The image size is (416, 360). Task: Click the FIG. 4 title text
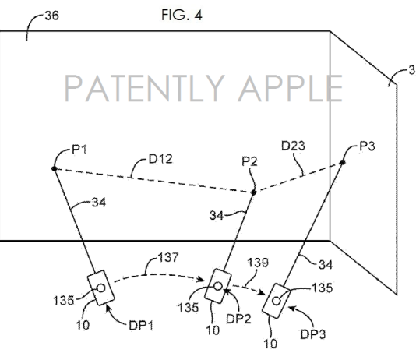click(182, 15)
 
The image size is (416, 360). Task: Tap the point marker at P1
click(54, 169)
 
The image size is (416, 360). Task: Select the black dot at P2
click(254, 192)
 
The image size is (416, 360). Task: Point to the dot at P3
click(343, 162)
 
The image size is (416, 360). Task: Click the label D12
click(160, 159)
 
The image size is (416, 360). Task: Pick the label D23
click(293, 146)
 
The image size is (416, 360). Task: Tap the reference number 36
click(52, 16)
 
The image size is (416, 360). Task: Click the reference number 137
click(168, 257)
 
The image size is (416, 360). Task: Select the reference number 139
click(258, 263)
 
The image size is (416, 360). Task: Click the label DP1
click(141, 326)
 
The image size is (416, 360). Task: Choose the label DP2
click(238, 319)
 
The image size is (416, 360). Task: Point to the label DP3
click(313, 334)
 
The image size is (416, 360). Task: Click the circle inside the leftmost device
click(101, 288)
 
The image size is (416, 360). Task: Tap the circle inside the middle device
click(218, 286)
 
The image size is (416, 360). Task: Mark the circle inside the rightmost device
click(277, 301)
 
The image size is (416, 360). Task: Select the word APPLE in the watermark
click(290, 88)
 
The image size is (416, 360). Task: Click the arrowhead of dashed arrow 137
click(201, 279)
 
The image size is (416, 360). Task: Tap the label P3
click(367, 146)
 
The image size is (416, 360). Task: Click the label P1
click(79, 150)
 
